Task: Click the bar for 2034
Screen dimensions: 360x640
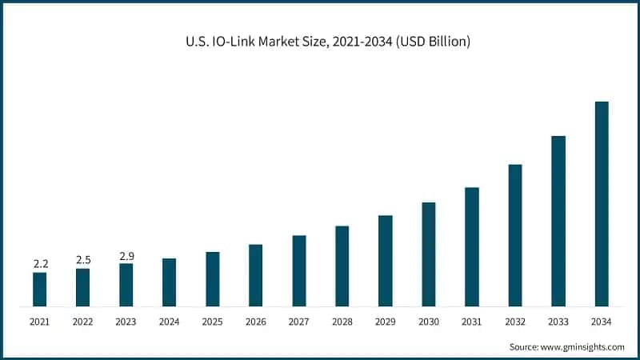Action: (x=602, y=204)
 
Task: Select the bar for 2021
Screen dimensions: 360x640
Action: (x=39, y=289)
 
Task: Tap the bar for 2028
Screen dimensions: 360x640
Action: (x=342, y=266)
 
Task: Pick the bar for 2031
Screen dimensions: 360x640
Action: (x=472, y=246)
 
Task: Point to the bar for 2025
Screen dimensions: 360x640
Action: (x=213, y=278)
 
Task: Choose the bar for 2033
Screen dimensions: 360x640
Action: (x=558, y=221)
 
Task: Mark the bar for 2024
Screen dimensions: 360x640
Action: (x=169, y=282)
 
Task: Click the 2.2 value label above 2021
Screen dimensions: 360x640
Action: (x=39, y=263)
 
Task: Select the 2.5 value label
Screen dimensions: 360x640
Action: (x=83, y=260)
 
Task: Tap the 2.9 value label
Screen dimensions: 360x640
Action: (x=126, y=255)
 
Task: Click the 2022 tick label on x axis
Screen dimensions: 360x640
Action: (x=83, y=322)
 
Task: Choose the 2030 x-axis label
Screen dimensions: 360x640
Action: (x=429, y=322)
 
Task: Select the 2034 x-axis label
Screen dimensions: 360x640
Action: (x=602, y=322)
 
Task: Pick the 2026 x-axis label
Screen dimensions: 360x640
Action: (x=256, y=322)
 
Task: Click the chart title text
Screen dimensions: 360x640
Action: (x=320, y=41)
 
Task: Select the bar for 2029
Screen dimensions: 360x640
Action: (x=386, y=261)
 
